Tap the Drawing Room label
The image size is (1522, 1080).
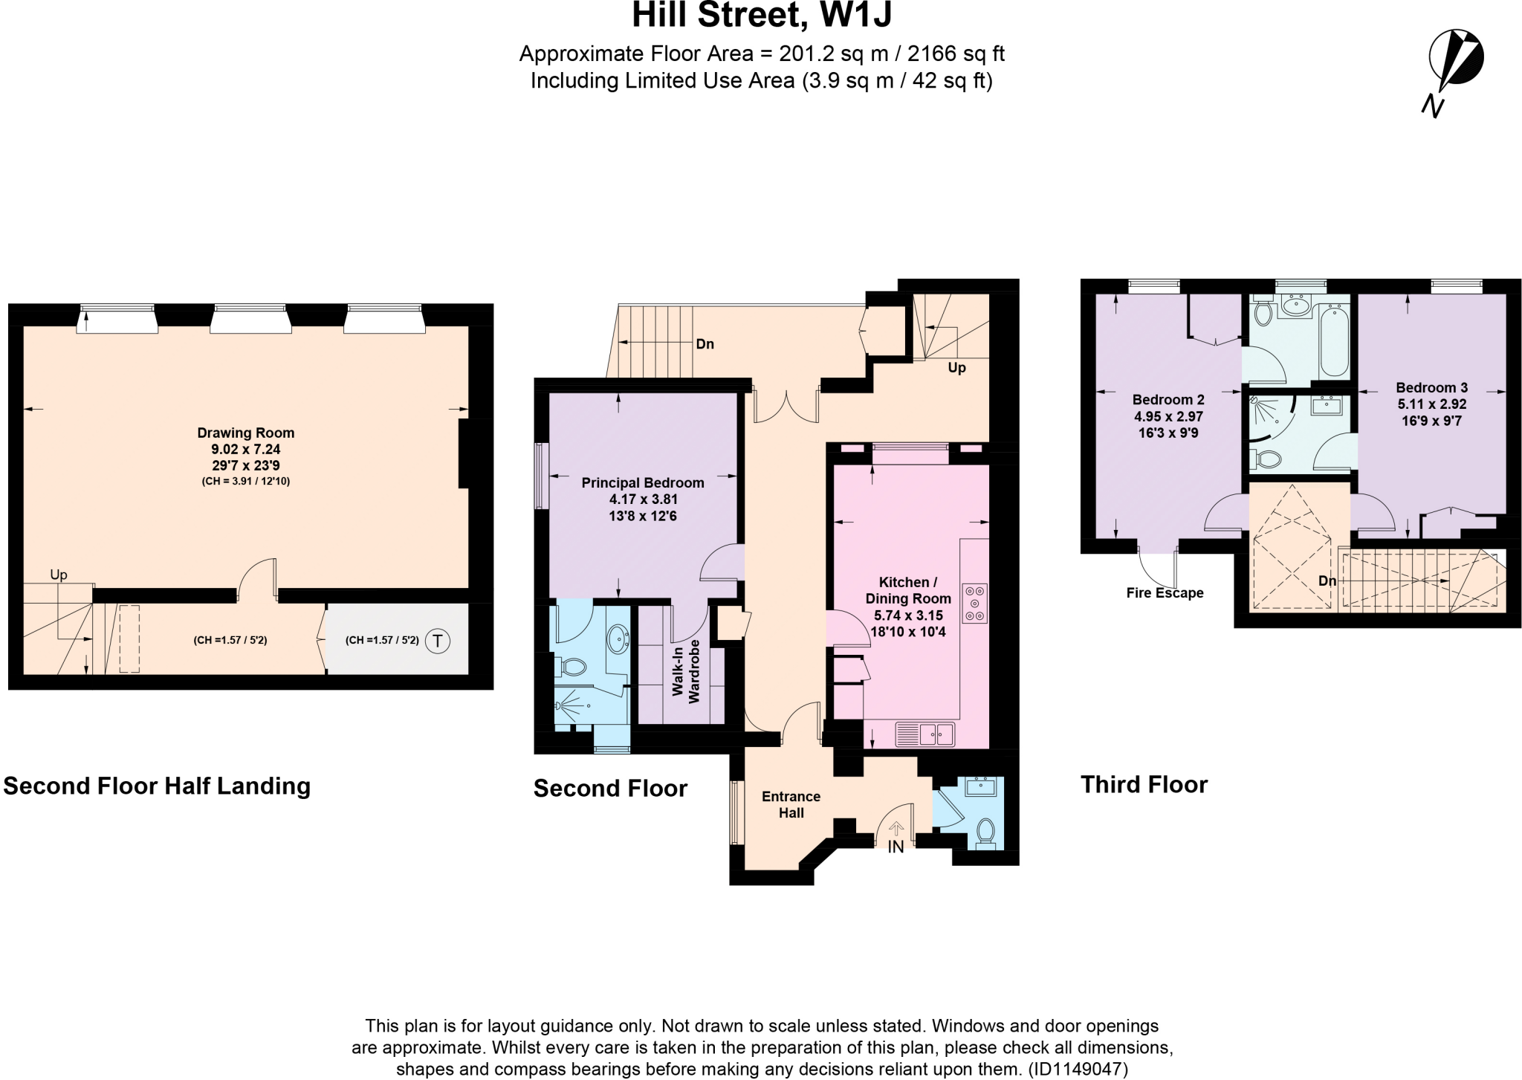tap(245, 433)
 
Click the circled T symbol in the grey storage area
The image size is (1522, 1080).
tap(438, 641)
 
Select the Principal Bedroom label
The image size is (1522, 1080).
tap(642, 483)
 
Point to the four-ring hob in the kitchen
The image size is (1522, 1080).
tap(974, 603)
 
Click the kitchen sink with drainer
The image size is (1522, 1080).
tap(925, 734)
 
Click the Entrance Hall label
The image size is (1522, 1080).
tap(791, 804)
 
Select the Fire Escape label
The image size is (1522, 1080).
tap(1165, 592)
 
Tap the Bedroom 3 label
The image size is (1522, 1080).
tap(1431, 387)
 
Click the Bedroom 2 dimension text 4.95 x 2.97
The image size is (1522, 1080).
tap(1168, 416)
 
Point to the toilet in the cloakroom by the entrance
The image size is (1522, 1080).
tap(985, 832)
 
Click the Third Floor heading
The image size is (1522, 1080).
tap(1144, 784)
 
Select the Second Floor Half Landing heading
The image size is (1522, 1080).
tap(157, 786)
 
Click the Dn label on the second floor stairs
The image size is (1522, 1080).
tap(705, 344)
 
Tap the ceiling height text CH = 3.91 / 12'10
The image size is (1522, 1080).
tap(245, 481)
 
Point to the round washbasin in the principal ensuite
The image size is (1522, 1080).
tap(618, 638)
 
